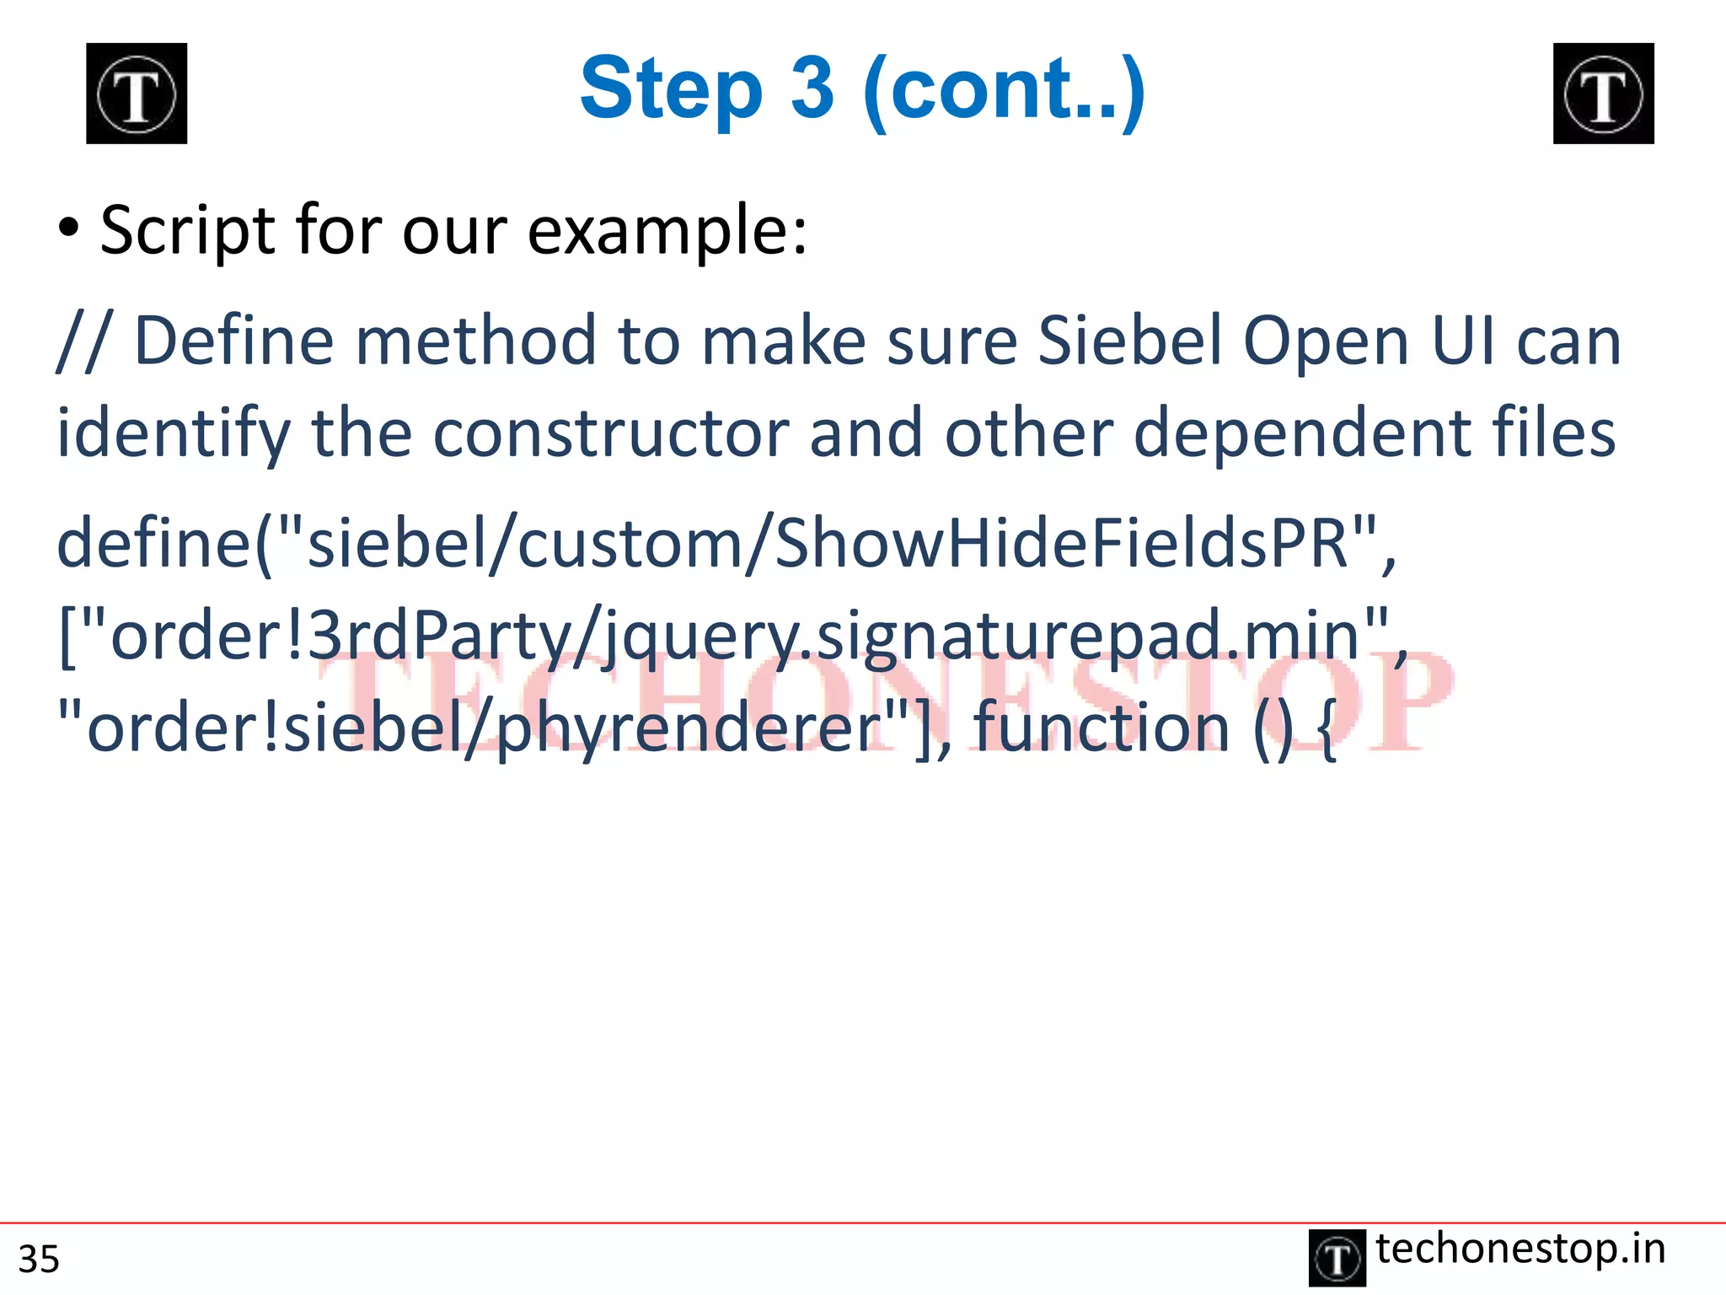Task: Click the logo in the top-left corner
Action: pos(137,94)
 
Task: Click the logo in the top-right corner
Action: pos(1603,94)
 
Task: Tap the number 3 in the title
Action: pos(812,89)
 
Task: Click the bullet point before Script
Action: pos(69,228)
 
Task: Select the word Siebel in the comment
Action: pos(1129,341)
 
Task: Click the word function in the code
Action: pos(1101,727)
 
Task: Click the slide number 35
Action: pos(39,1259)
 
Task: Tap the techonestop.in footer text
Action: pos(1520,1249)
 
